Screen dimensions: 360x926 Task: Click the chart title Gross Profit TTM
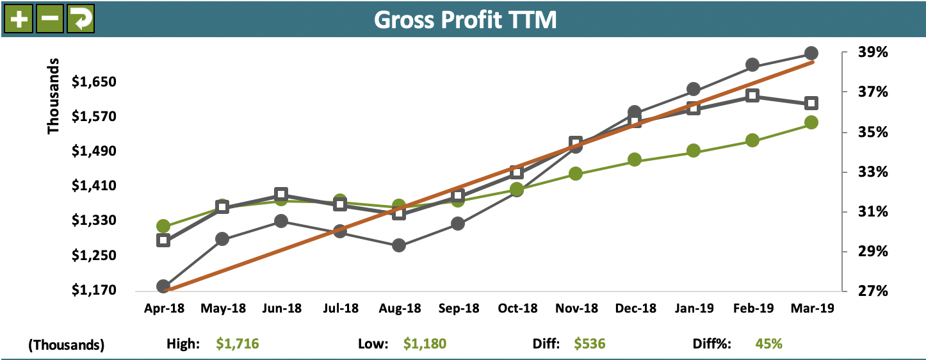coord(465,20)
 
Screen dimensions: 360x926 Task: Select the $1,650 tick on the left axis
coord(94,82)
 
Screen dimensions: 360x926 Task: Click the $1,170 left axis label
coord(94,290)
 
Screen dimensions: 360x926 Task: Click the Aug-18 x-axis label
coord(399,309)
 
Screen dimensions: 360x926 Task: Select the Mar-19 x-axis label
coord(811,309)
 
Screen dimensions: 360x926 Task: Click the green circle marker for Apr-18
coord(163,226)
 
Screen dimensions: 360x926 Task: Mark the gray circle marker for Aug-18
coord(399,245)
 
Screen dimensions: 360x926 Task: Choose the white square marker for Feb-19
coord(752,95)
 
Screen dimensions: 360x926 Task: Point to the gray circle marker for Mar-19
coord(811,53)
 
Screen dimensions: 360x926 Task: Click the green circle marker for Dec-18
coord(635,160)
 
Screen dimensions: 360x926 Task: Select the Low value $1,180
coord(425,344)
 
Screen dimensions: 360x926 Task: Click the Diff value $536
coord(589,344)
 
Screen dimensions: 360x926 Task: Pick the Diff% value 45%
coord(769,344)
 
